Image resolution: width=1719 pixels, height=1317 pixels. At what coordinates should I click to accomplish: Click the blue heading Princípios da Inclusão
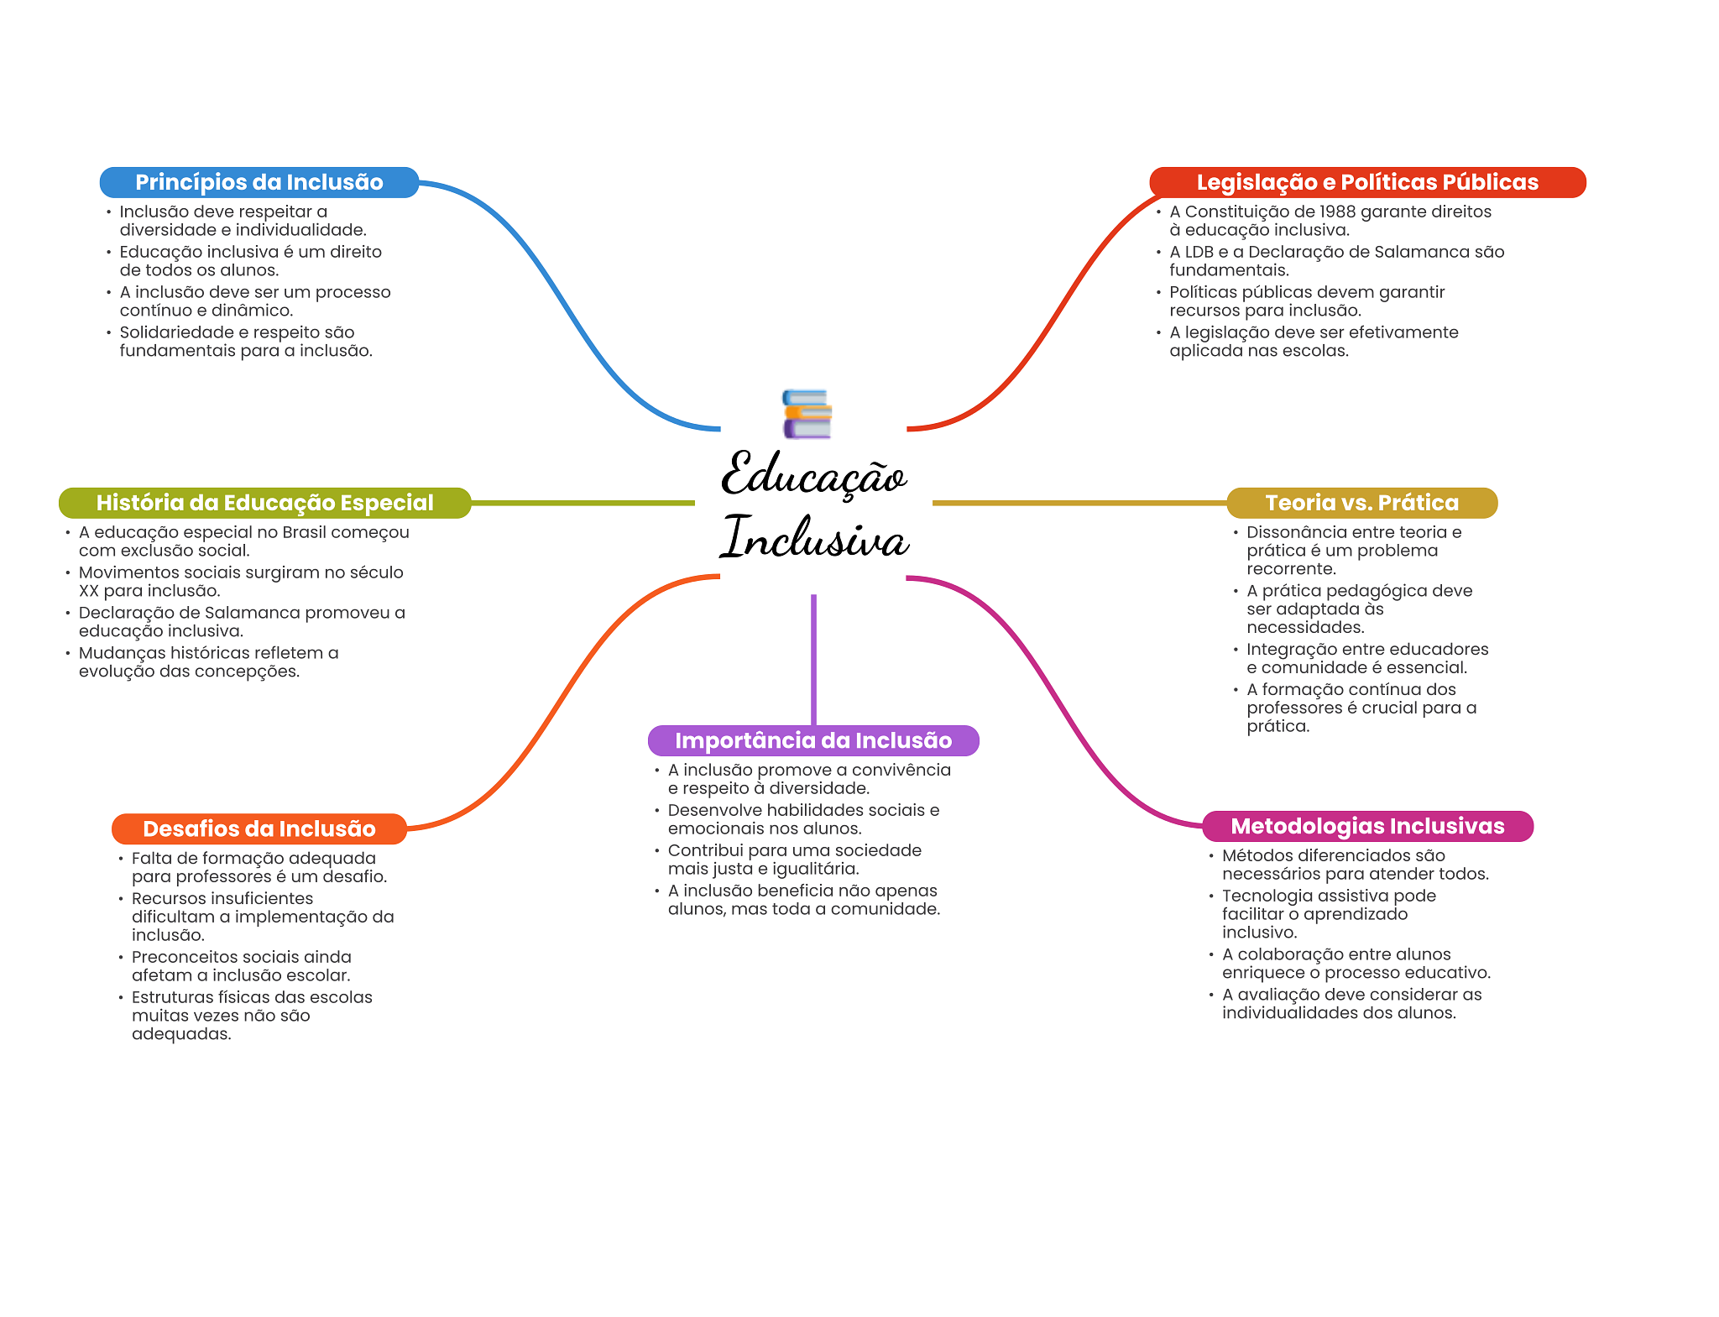pos(259,182)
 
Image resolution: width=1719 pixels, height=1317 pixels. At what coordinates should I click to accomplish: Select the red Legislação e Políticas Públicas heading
pos(1367,182)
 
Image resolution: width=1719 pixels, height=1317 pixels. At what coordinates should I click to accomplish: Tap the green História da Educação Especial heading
pos(265,503)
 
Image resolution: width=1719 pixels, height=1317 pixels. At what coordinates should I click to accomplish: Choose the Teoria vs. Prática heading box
pos(1361,503)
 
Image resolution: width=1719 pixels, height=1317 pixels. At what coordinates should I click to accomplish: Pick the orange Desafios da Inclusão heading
pos(259,828)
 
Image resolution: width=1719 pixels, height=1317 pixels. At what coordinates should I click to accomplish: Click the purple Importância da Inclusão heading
pos(813,740)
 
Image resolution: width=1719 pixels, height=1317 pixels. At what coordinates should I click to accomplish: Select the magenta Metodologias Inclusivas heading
pos(1367,826)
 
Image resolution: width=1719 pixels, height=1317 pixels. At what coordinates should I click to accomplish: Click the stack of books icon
pos(807,414)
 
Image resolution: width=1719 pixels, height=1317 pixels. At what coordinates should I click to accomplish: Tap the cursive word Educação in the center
pos(814,474)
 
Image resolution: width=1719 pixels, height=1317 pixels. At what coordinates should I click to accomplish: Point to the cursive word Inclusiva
pos(814,537)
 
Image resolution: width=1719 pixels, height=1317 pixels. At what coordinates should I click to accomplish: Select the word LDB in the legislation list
pos(1199,252)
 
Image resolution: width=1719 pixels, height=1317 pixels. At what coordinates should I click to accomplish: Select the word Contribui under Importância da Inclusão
pos(703,850)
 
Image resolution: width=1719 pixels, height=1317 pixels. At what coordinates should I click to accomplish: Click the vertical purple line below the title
pos(813,660)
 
